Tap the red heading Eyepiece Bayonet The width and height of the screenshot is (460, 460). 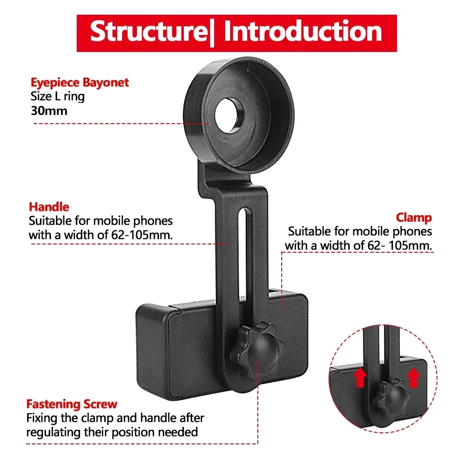pos(80,83)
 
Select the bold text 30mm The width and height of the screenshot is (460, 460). pos(49,111)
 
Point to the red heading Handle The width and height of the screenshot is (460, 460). pos(49,207)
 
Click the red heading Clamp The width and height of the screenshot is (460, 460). pos(414,217)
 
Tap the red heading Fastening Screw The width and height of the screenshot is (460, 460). pos(72,404)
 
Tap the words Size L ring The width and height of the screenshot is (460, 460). pos(57,97)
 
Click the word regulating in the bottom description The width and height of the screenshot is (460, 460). pos(56,432)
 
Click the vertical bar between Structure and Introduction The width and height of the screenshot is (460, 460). pos(212,32)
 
